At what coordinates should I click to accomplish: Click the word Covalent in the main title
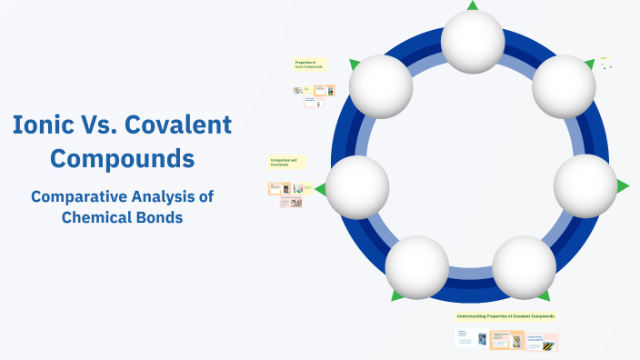(x=177, y=125)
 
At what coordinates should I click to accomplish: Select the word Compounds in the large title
(x=122, y=158)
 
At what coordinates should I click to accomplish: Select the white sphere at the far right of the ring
(x=585, y=185)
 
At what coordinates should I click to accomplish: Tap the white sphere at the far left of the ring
(x=358, y=186)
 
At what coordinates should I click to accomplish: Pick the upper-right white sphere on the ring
(x=564, y=86)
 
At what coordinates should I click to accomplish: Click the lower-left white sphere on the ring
(x=417, y=267)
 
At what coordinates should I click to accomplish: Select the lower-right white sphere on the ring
(x=525, y=267)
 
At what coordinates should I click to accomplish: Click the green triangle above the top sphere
(x=473, y=5)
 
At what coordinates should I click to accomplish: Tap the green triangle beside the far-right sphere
(x=623, y=186)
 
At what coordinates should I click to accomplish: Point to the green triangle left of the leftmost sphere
(x=320, y=189)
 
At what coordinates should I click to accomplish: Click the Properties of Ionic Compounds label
(x=309, y=65)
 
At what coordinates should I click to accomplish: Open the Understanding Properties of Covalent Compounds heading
(x=505, y=316)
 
